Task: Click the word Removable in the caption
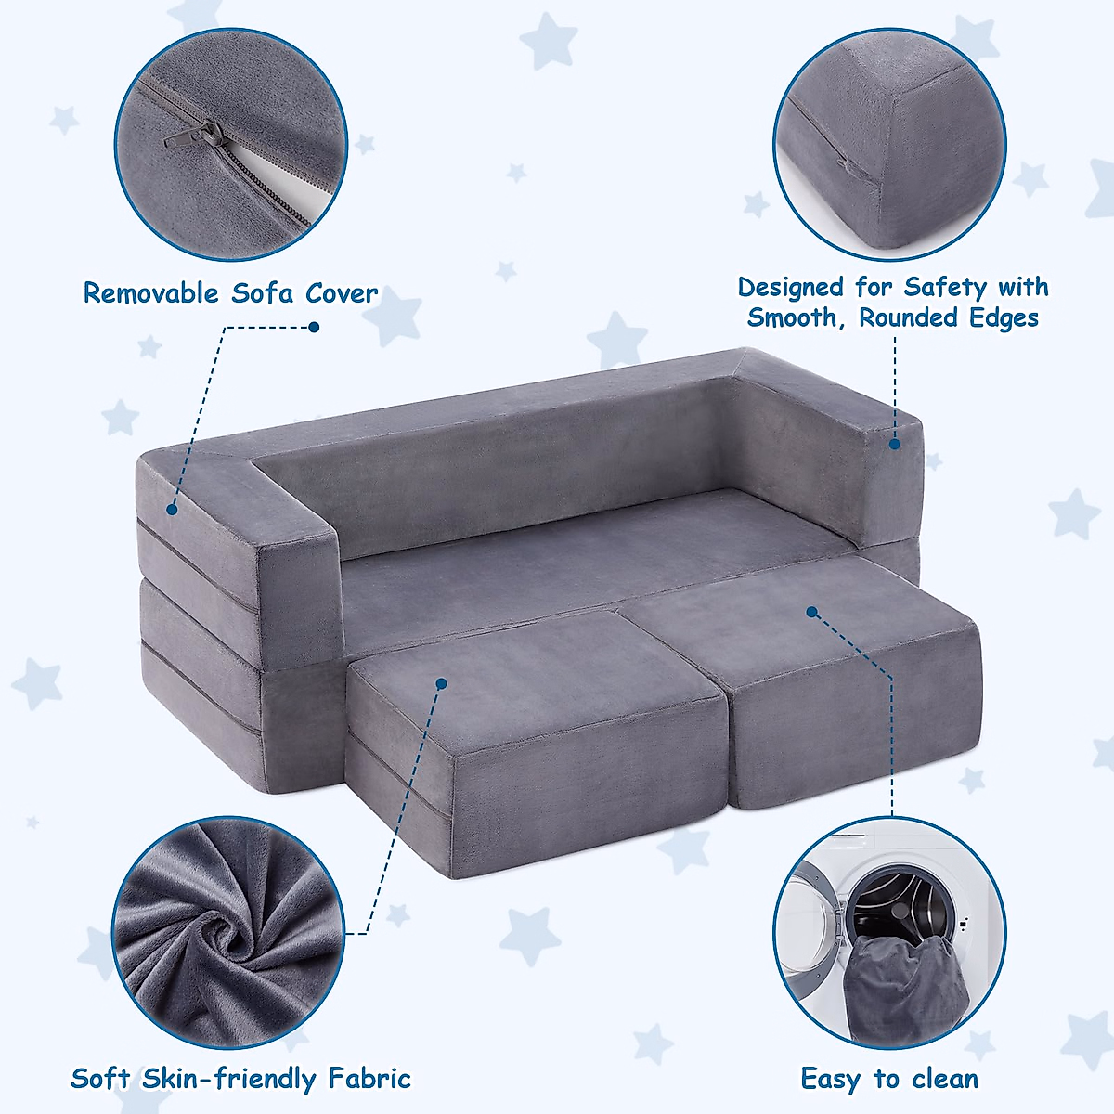pyautogui.click(x=149, y=293)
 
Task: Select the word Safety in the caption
pyautogui.click(x=946, y=288)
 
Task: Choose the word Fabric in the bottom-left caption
pyautogui.click(x=369, y=1079)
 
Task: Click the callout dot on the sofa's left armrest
pyautogui.click(x=172, y=509)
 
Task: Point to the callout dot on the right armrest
pyautogui.click(x=895, y=445)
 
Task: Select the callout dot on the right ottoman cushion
pyautogui.click(x=811, y=612)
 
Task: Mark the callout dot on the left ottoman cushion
pyautogui.click(x=442, y=683)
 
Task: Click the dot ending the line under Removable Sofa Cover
pyautogui.click(x=314, y=327)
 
